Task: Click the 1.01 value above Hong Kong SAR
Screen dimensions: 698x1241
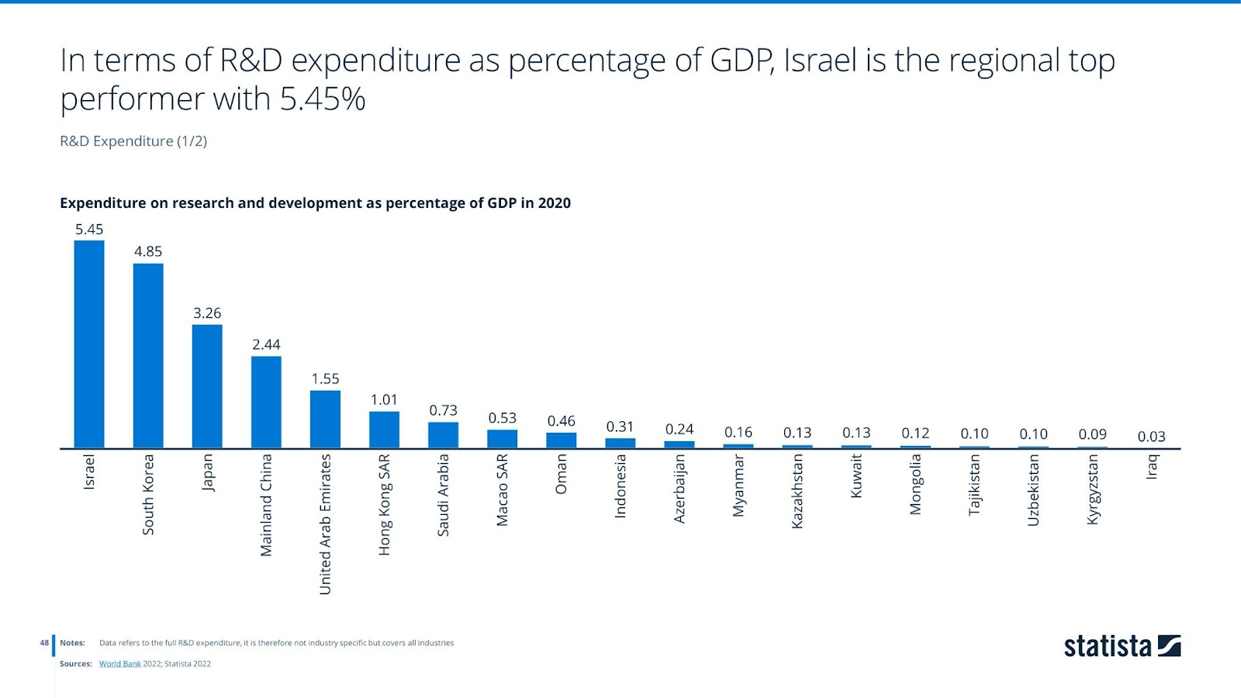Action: (384, 399)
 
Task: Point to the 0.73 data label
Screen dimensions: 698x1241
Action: (443, 410)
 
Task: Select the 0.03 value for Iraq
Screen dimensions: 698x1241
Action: (1151, 437)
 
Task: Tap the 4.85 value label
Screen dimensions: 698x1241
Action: (148, 251)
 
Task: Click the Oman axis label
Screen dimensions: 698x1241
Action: (561, 474)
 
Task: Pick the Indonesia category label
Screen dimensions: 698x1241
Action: (620, 486)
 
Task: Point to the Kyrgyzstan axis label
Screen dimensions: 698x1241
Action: (1092, 489)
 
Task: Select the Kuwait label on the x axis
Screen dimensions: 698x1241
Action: (856, 475)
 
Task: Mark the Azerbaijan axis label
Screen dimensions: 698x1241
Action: (679, 489)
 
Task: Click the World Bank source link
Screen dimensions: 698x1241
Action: (120, 664)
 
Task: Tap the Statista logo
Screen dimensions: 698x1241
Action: (1122, 646)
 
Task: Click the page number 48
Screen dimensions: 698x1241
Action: (44, 643)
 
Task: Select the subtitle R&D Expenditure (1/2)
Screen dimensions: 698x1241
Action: (133, 141)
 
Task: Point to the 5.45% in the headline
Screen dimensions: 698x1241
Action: (323, 99)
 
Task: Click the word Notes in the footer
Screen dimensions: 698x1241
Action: (72, 643)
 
